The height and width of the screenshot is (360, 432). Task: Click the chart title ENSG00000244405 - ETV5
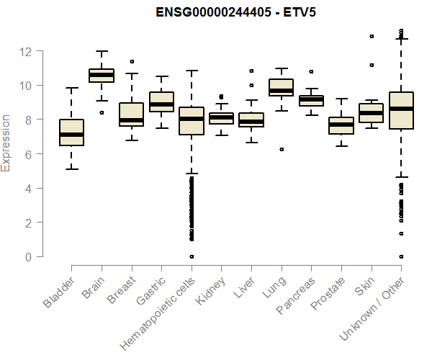click(x=237, y=12)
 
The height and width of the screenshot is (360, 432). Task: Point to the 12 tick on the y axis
click(x=27, y=52)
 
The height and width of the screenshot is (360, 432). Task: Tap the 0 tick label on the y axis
click(x=27, y=257)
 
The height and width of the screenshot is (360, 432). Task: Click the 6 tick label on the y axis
click(x=27, y=154)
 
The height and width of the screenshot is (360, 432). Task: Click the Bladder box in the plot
click(x=71, y=132)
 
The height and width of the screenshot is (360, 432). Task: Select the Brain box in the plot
click(x=102, y=76)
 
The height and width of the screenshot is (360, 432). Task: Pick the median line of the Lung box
click(x=281, y=90)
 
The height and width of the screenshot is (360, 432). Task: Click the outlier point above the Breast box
click(x=131, y=62)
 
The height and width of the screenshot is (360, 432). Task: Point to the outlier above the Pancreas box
click(x=311, y=72)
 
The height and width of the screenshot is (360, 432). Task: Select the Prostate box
click(x=341, y=125)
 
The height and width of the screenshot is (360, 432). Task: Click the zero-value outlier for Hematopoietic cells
click(x=191, y=256)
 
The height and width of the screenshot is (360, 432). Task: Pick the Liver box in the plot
click(x=251, y=120)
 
